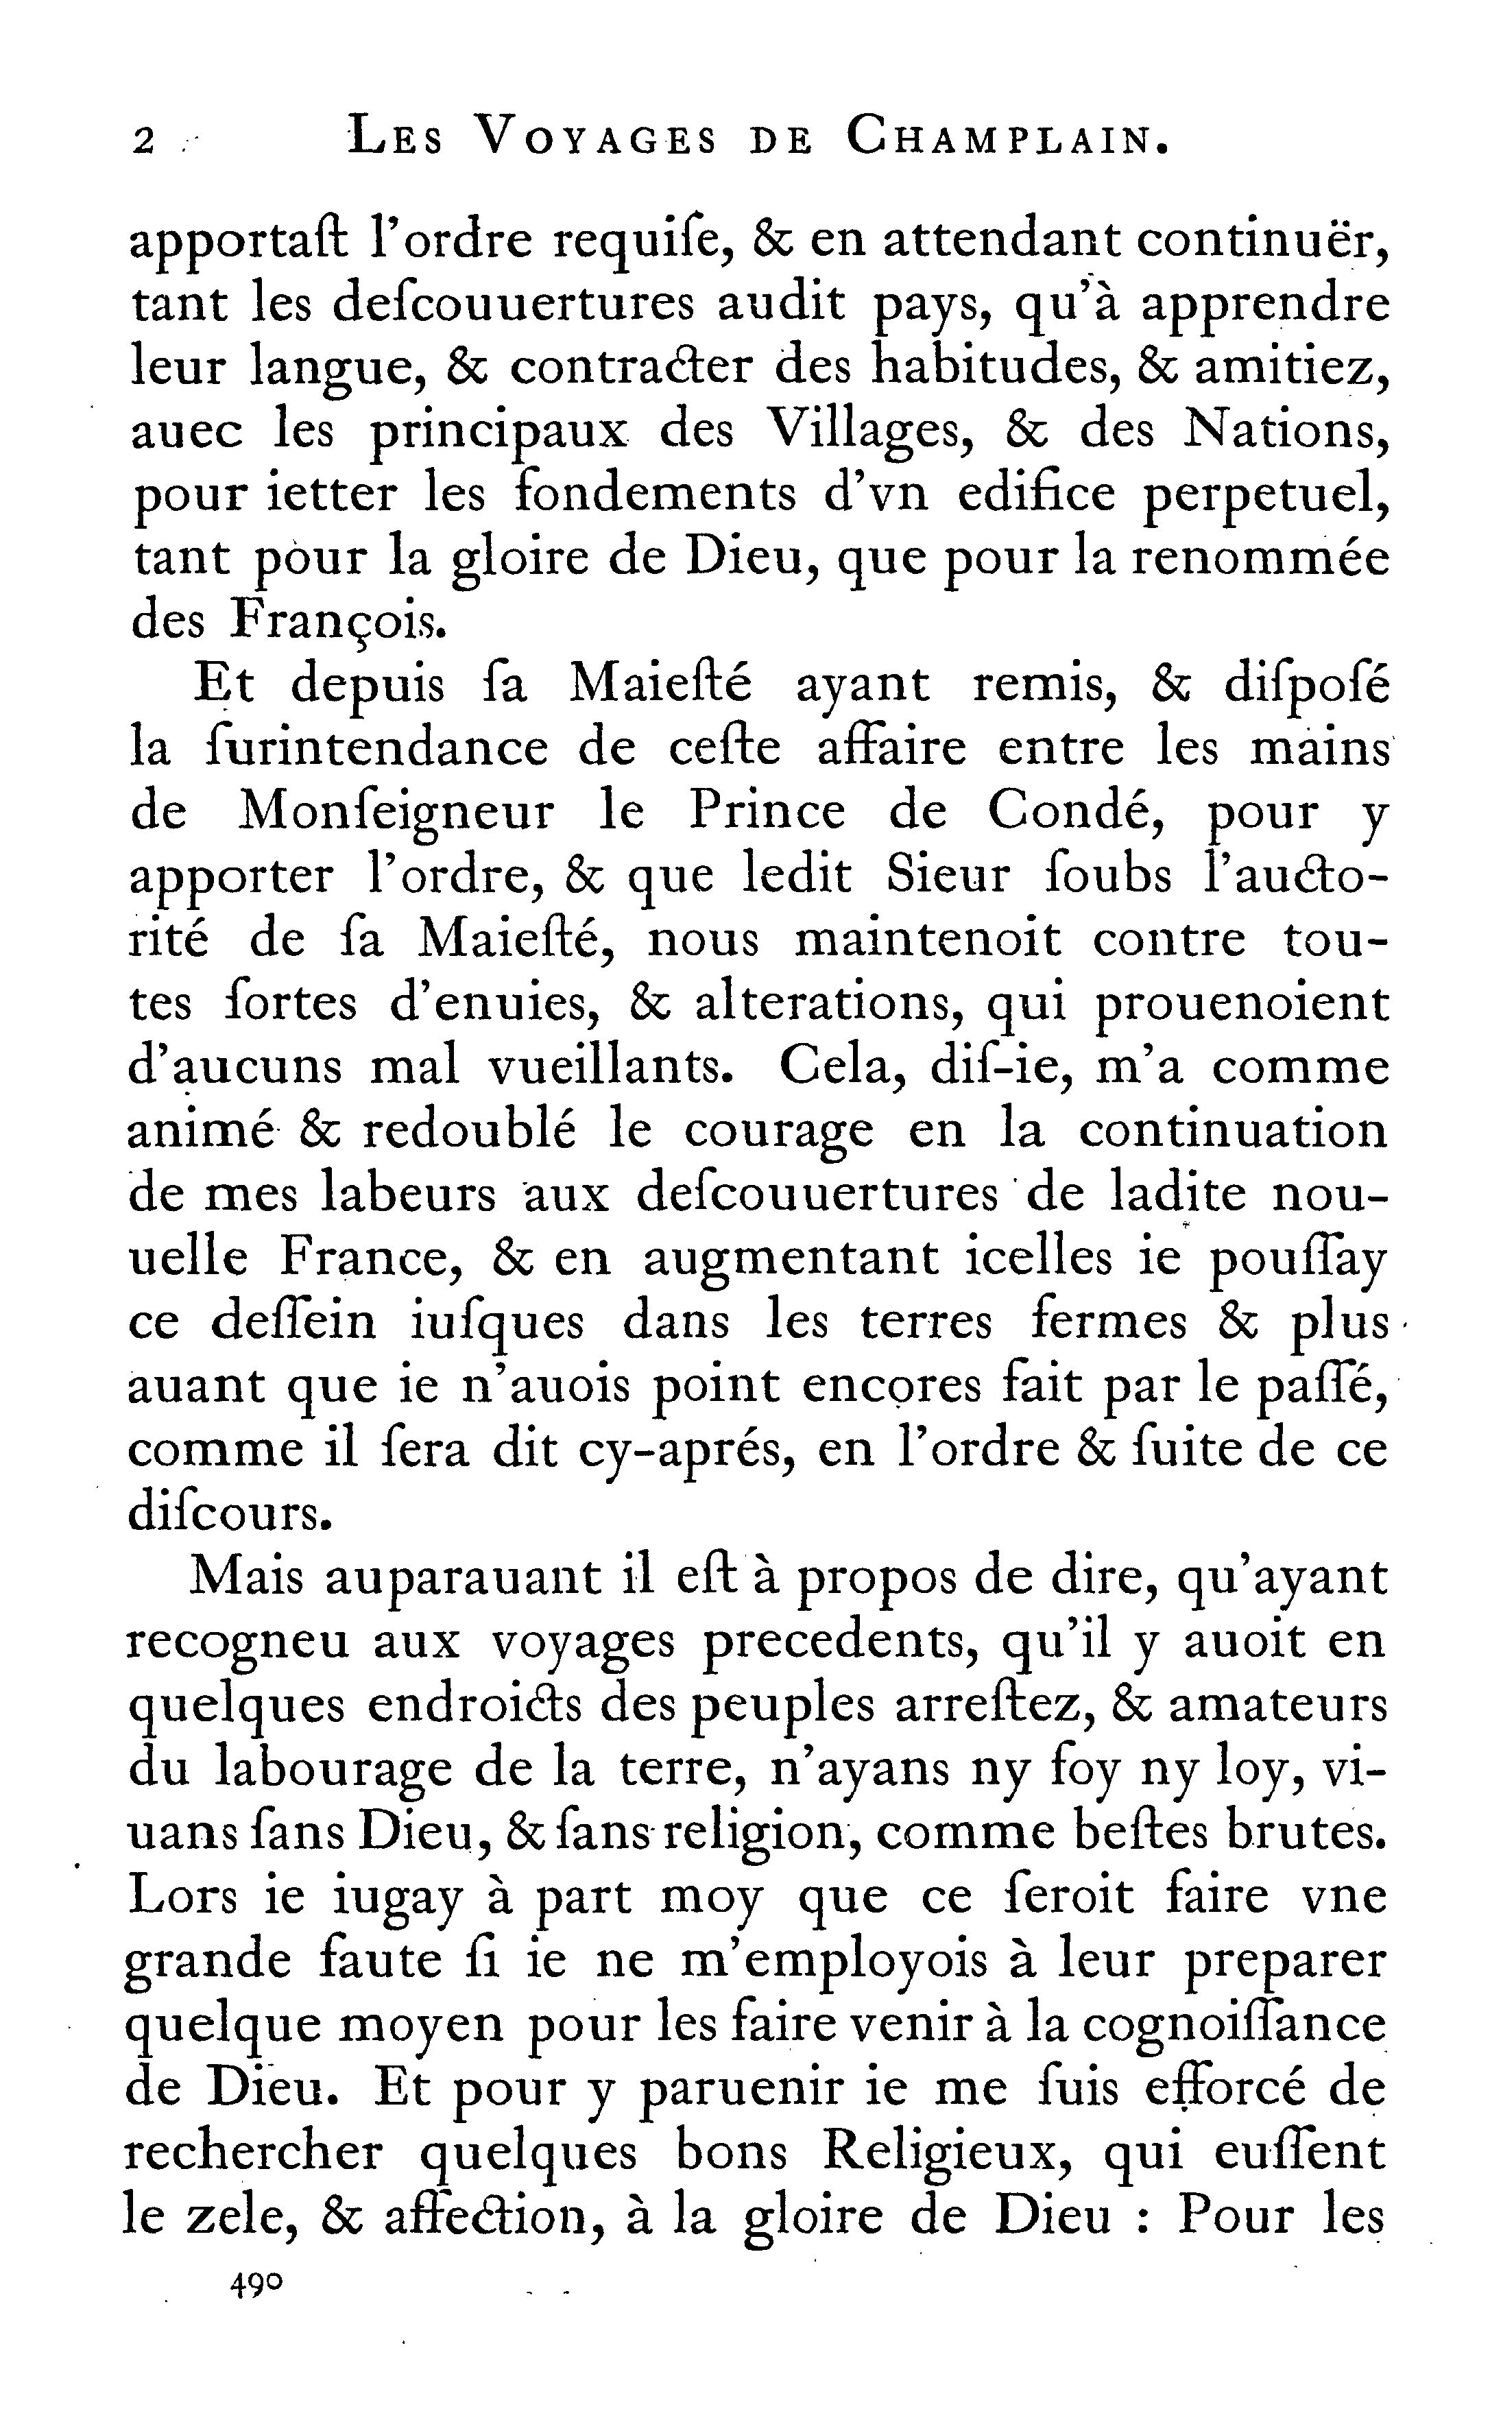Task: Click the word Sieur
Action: pos(948,876)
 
